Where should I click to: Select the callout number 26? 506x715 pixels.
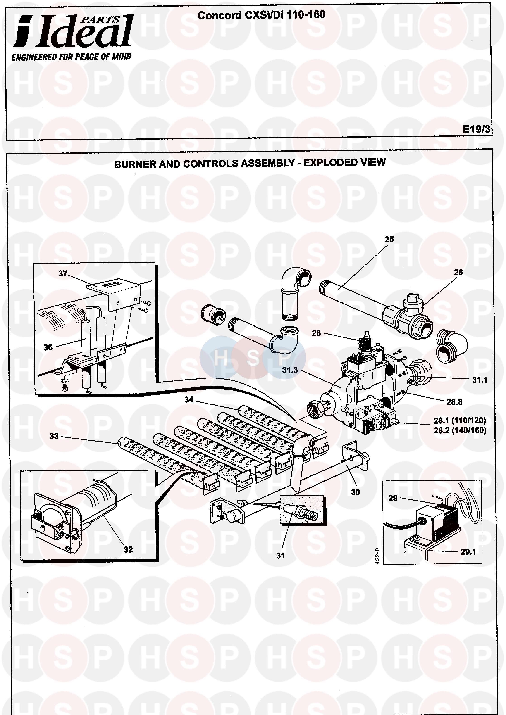click(458, 272)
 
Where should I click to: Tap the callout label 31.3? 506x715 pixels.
click(290, 370)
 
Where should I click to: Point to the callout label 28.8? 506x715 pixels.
click(454, 402)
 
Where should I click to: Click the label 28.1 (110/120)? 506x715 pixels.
click(460, 421)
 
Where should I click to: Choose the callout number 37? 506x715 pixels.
click(63, 273)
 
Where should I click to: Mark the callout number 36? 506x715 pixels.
click(48, 347)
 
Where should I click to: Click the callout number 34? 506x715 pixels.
click(189, 399)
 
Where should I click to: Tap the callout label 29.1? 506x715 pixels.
click(468, 552)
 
